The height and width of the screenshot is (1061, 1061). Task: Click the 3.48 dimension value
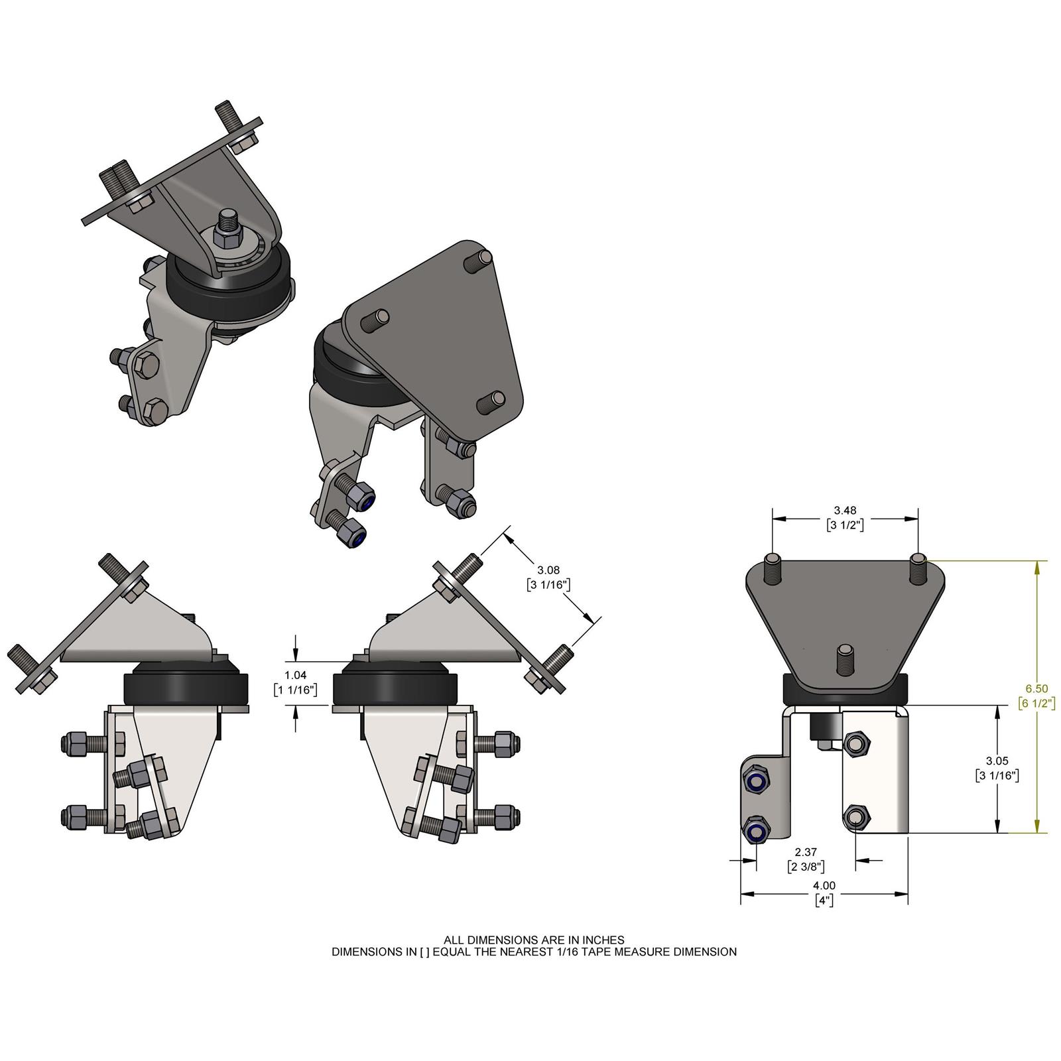pos(845,510)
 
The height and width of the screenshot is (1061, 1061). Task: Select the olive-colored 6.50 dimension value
pos(1038,689)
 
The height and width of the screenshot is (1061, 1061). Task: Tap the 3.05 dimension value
pos(997,761)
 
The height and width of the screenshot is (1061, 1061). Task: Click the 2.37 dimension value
pos(806,852)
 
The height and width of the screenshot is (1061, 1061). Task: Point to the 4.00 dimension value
pos(824,885)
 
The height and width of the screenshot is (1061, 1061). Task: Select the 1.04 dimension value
pos(295,675)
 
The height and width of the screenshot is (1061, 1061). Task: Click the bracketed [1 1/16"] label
pos(295,690)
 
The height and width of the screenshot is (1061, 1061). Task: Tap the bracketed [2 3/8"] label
pos(806,866)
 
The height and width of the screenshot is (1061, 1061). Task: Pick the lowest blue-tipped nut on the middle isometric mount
pos(351,536)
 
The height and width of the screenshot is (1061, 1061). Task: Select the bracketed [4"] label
pos(824,900)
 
